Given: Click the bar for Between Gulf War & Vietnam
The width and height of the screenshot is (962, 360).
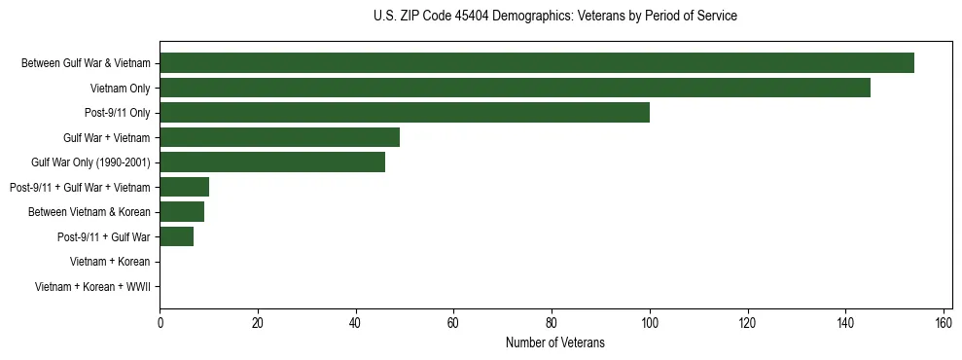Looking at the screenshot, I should click(537, 63).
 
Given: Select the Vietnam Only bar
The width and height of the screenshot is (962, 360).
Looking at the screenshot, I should click(515, 88).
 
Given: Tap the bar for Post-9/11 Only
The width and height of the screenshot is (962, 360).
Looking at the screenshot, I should click(405, 113).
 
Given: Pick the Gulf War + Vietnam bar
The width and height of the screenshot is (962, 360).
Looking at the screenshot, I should click(279, 137).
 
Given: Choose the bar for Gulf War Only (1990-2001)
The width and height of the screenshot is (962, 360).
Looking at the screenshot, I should click(272, 162).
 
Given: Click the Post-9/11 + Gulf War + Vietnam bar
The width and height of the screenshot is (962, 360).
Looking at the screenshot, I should click(184, 187).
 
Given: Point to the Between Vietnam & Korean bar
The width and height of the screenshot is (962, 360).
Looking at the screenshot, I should click(182, 211).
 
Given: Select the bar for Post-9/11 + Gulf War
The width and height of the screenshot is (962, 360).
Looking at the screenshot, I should click(176, 236).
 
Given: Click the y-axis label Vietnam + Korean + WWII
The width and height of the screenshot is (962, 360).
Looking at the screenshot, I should click(92, 286).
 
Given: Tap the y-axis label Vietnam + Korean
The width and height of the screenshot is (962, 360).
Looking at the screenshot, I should click(110, 262).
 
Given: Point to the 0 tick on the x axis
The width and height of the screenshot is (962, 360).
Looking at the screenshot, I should click(160, 321).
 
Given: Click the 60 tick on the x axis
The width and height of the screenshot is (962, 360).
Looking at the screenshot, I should click(453, 321).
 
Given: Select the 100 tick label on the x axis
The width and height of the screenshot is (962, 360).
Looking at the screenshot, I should click(650, 321).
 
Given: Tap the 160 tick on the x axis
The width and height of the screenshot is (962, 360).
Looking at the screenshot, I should click(944, 321).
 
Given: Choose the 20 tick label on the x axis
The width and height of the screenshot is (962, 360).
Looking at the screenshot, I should click(258, 321).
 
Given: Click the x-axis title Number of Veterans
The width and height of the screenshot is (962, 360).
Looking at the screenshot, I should click(555, 342).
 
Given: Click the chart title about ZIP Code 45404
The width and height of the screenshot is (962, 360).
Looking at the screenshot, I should click(555, 17).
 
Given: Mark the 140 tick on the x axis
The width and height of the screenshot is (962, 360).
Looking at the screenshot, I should click(845, 321).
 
